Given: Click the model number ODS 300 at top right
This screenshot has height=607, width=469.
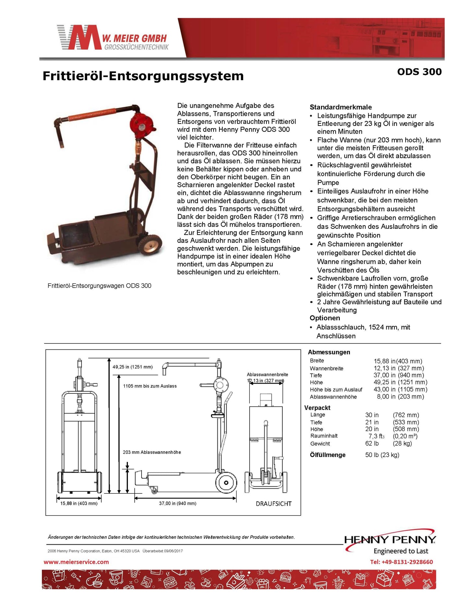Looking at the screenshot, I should tap(419, 72).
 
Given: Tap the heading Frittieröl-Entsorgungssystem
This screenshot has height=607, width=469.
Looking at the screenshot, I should tap(143, 76).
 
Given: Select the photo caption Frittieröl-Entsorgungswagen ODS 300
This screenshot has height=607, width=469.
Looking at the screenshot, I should tap(99, 286).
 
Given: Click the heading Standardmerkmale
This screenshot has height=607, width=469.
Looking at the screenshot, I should tap(340, 107).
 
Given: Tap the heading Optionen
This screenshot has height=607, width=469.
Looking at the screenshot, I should tap(325, 318).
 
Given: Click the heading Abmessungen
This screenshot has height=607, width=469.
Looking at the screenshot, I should tap(329, 352).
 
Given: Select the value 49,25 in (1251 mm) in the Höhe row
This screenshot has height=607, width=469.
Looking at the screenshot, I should tap(400, 382).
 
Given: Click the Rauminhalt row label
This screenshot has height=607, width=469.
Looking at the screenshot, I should tap(324, 436).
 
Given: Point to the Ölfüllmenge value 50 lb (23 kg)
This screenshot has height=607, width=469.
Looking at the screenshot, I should tap(382, 455).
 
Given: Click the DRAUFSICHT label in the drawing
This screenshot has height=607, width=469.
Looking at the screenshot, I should tap(274, 504).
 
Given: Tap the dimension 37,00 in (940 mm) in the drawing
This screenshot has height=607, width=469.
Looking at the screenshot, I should tap(178, 503).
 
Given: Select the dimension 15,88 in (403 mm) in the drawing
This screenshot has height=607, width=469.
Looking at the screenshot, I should tap(79, 503).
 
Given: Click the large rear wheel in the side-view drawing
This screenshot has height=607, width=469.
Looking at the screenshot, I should tap(226, 483).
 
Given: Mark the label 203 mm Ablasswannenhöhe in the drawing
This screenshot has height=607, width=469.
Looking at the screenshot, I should tap(152, 452).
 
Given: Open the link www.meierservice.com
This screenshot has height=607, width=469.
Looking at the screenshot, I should tap(76, 562).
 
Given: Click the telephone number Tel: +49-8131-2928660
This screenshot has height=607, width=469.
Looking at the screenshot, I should tap(401, 562).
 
